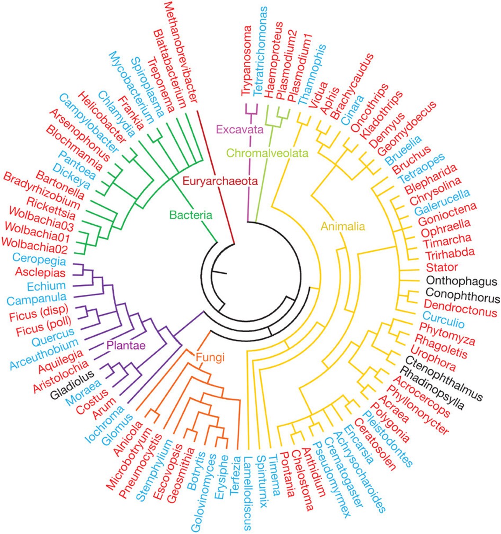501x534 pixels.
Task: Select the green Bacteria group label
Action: coord(191,215)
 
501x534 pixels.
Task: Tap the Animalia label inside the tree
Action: coord(343,226)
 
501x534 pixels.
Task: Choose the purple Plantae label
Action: coord(126,345)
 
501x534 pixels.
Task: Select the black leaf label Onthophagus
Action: coord(461,281)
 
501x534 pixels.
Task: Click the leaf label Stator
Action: coord(442,267)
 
